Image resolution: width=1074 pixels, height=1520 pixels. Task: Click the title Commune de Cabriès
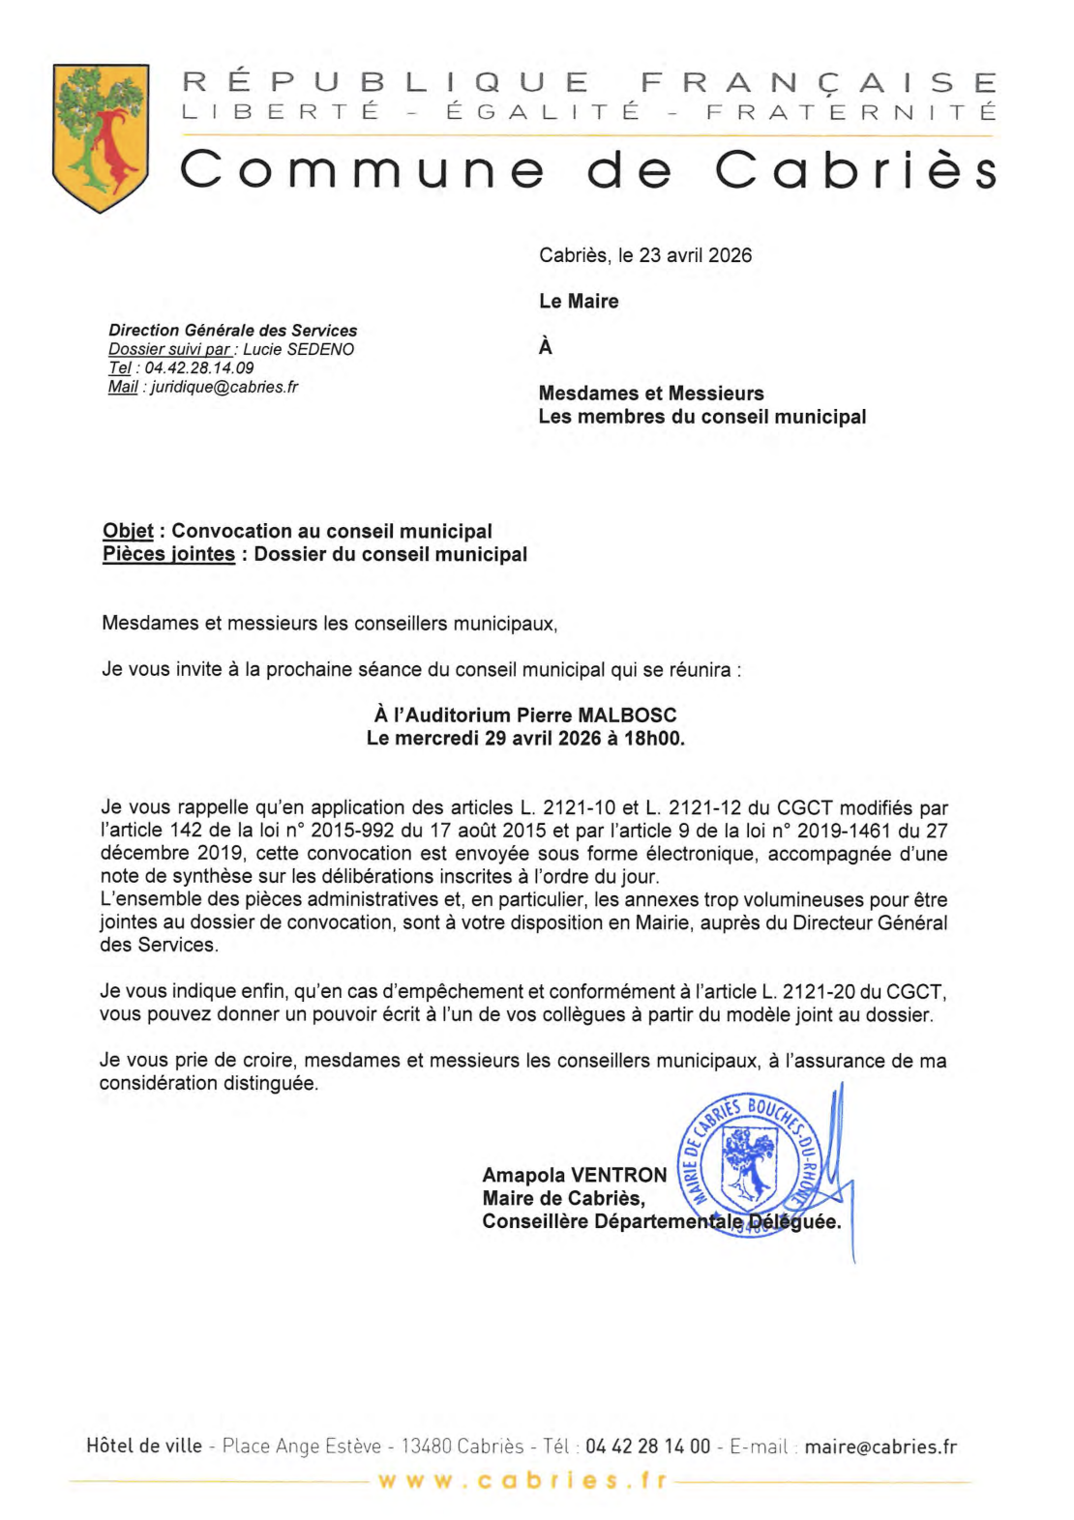coord(587,170)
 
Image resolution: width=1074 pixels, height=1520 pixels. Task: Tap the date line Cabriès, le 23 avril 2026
coord(644,255)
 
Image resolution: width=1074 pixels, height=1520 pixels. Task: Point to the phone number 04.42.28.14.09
coord(198,368)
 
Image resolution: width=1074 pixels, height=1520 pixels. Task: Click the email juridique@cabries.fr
coord(224,387)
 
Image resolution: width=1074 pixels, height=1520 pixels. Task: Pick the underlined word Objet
coord(128,531)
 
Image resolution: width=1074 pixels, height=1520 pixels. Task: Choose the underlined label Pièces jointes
coord(168,554)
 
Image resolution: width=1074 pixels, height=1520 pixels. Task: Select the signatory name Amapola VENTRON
coord(575,1175)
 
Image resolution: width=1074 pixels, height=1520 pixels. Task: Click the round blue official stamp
coord(750,1165)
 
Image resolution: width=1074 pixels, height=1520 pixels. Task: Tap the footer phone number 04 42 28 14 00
coord(647,1447)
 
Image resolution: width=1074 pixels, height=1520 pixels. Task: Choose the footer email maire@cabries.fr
coord(880,1447)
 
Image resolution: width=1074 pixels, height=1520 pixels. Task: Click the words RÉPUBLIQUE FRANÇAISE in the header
coord(589,82)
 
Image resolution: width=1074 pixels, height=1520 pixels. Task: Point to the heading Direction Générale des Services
coord(232,331)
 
